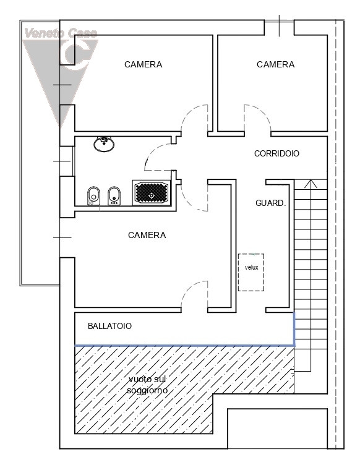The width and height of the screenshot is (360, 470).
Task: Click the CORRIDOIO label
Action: (276, 153)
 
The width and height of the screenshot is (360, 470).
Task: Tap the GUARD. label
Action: (271, 203)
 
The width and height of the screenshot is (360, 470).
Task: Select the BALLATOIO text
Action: (109, 326)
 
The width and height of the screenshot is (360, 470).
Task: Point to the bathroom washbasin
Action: (104, 144)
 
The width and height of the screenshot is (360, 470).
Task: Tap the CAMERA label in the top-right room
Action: (275, 64)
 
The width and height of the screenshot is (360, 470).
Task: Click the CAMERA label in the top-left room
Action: (144, 64)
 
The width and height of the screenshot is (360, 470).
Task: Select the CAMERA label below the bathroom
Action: (147, 235)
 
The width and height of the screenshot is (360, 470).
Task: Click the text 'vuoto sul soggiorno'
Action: (147, 385)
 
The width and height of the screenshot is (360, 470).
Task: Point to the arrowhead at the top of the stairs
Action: (311, 184)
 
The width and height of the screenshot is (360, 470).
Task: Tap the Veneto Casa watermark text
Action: (61, 33)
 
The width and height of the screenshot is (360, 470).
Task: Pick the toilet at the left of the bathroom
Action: (93, 196)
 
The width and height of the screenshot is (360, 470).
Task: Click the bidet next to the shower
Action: (114, 196)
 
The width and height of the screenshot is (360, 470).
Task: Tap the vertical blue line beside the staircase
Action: (294, 329)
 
